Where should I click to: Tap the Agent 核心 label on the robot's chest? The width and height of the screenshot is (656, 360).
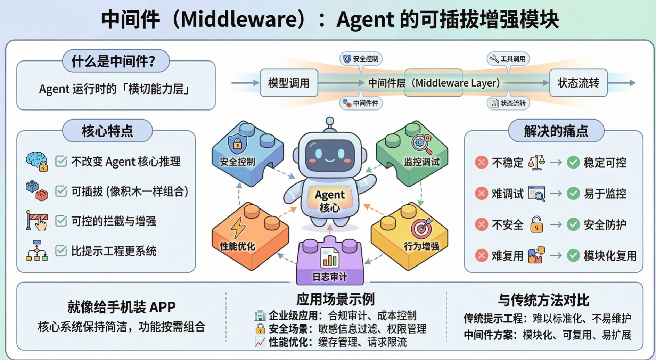[329, 201]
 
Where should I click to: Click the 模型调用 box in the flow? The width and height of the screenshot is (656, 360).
[289, 83]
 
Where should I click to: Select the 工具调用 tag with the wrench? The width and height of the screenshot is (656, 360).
[508, 59]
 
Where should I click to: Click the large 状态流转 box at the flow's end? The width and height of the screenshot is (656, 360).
[578, 83]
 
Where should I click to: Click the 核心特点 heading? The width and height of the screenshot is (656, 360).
[107, 131]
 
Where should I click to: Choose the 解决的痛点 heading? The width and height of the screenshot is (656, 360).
[556, 131]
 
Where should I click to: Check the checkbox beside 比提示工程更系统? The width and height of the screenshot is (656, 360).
[61, 251]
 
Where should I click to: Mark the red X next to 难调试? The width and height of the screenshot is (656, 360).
[481, 193]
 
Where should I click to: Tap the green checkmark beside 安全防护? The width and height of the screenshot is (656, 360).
[573, 224]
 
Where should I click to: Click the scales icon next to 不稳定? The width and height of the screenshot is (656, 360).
[536, 162]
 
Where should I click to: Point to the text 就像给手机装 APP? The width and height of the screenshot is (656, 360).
[121, 307]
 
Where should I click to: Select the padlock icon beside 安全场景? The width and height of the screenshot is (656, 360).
[260, 329]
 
